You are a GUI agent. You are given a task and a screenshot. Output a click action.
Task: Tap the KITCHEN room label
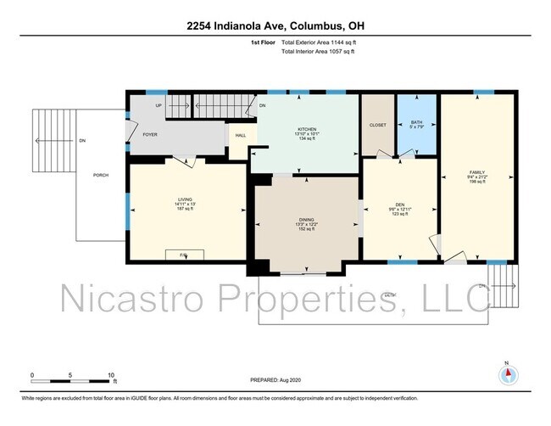coord(306,128)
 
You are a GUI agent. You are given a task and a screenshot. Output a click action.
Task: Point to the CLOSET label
coord(378,125)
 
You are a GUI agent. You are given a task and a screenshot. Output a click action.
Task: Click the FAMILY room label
coord(477,172)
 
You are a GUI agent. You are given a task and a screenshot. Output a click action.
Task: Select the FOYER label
coord(150,134)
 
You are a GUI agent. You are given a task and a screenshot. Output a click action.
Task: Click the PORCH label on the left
coord(101,175)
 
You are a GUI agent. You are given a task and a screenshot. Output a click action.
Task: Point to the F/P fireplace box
coord(180,253)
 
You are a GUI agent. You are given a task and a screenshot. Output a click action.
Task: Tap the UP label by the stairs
coord(159,105)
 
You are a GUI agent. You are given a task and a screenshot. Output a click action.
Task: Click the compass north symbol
coord(508,374)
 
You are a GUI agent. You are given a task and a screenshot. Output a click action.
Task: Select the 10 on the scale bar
coord(111,374)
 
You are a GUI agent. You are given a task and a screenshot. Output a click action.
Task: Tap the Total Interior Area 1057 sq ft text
coord(318,52)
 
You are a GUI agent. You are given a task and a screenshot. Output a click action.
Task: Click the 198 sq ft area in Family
coord(477,182)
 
